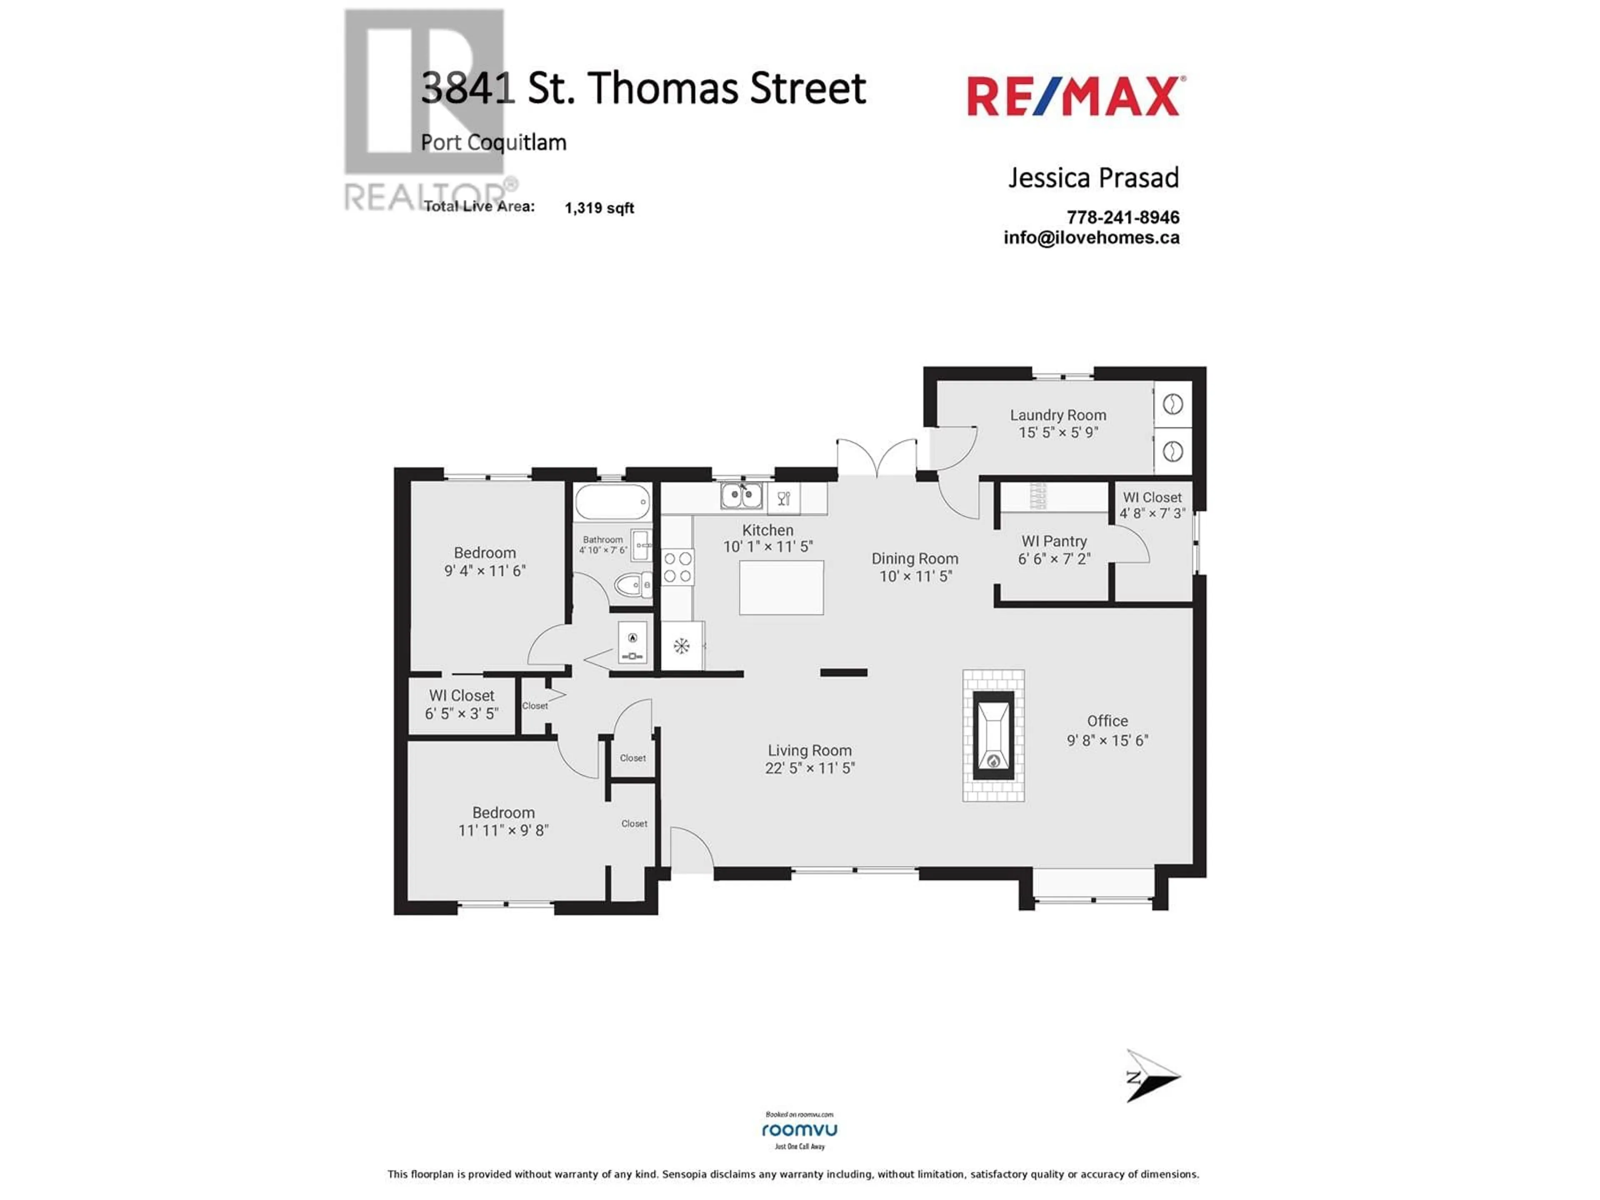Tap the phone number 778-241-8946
pyautogui.click(x=1122, y=217)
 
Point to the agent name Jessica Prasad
pyautogui.click(x=1094, y=177)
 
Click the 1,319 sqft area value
pyautogui.click(x=599, y=208)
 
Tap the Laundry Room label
pyautogui.click(x=1058, y=415)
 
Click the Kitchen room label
pyautogui.click(x=767, y=530)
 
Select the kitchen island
pyautogui.click(x=781, y=587)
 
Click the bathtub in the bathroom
pyautogui.click(x=612, y=501)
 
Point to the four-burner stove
pyautogui.click(x=678, y=566)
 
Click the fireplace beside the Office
pyautogui.click(x=993, y=735)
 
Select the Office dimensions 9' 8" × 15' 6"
pyautogui.click(x=1107, y=740)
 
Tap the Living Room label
pyautogui.click(x=810, y=751)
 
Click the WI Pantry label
pyautogui.click(x=1054, y=541)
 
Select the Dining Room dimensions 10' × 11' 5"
pyautogui.click(x=915, y=577)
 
